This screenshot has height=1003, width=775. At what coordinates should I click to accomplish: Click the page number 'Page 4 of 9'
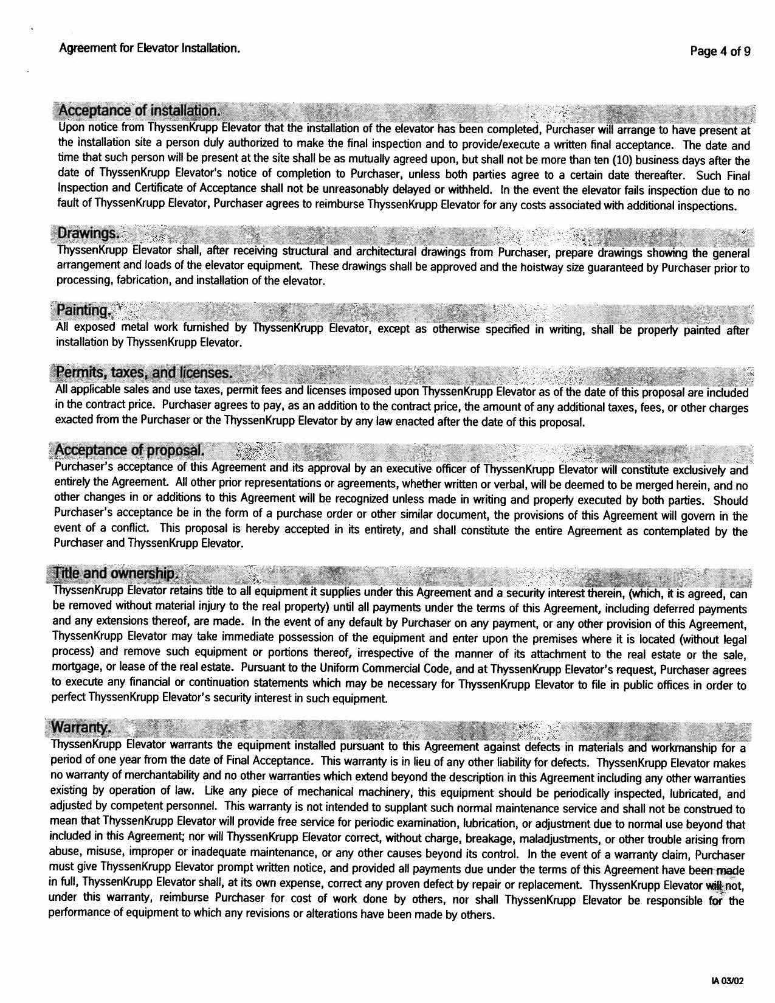point(720,52)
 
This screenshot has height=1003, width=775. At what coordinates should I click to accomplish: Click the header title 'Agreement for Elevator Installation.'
point(150,47)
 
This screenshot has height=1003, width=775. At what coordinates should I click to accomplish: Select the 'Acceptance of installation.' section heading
point(137,111)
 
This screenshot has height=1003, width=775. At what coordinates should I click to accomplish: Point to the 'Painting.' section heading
point(84,311)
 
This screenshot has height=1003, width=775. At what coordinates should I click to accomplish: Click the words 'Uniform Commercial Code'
point(363,670)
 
